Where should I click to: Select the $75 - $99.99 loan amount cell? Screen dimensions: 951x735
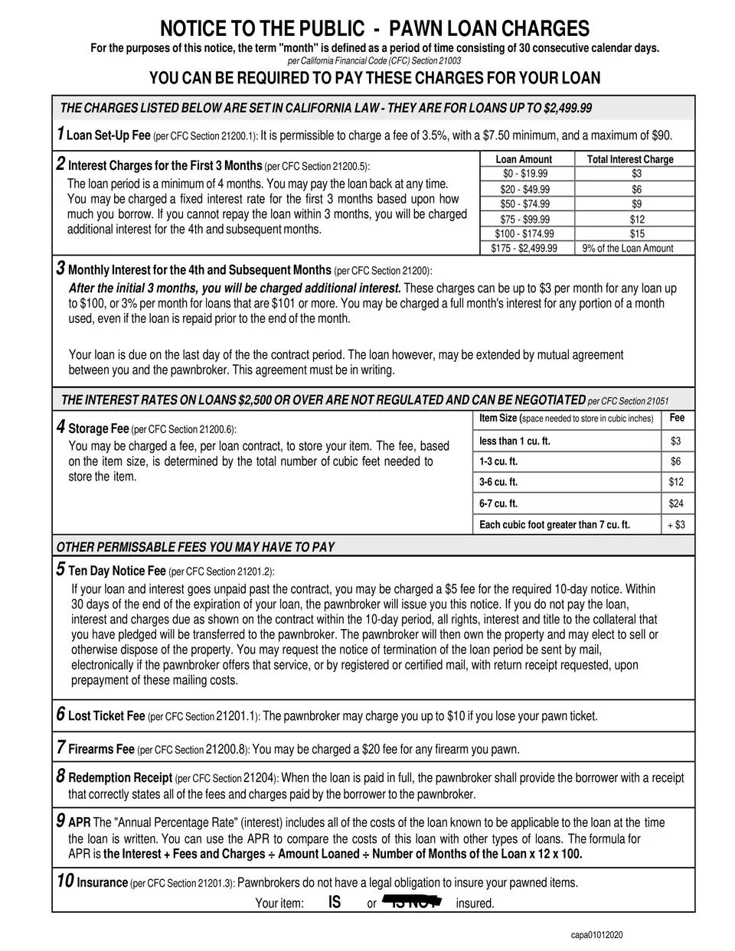(524, 220)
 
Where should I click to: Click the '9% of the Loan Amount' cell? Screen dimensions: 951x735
(628, 249)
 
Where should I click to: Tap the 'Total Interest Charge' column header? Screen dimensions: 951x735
(629, 159)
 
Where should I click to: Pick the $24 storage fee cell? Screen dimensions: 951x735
(675, 503)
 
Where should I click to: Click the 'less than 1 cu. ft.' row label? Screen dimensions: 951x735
(514, 441)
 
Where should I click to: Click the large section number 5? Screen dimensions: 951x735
(60, 568)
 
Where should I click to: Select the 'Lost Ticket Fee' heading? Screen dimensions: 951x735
(106, 716)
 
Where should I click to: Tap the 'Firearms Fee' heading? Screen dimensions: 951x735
(101, 749)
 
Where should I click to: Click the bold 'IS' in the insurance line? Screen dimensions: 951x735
(335, 903)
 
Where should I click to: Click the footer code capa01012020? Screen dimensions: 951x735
(596, 935)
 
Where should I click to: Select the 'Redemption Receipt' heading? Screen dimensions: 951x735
(120, 778)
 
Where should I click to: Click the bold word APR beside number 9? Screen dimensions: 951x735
(80, 823)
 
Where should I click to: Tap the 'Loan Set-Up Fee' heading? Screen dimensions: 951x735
(109, 135)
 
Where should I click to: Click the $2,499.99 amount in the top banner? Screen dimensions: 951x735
(567, 109)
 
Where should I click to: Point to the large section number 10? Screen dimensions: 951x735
(65, 881)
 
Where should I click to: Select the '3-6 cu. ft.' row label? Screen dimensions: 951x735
(498, 482)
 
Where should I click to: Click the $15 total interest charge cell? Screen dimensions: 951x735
(637, 234)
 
